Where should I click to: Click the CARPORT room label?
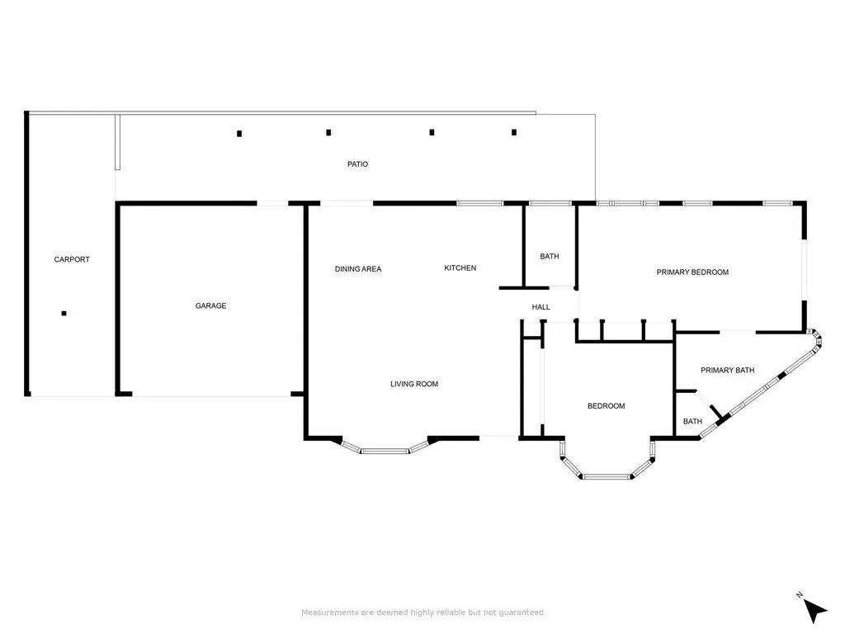[72, 259]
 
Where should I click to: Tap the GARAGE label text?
[210, 305]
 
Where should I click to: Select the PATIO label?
[358, 164]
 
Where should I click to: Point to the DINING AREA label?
[358, 269]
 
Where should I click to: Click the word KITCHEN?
[460, 268]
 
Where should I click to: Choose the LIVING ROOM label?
[414, 384]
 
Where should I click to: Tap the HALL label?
[541, 307]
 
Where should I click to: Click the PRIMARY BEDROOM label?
[692, 272]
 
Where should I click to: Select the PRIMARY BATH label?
[728, 371]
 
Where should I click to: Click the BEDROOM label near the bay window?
[607, 406]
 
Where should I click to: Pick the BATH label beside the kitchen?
[550, 256]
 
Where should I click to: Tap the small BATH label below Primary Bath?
[692, 422]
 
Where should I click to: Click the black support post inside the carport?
[64, 313]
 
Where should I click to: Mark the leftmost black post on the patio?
[239, 134]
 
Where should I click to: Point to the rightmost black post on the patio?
[514, 132]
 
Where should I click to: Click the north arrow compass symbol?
[814, 610]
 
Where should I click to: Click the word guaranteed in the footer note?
[522, 613]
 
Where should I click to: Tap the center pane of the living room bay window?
[385, 451]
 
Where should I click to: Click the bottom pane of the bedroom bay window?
[607, 476]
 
